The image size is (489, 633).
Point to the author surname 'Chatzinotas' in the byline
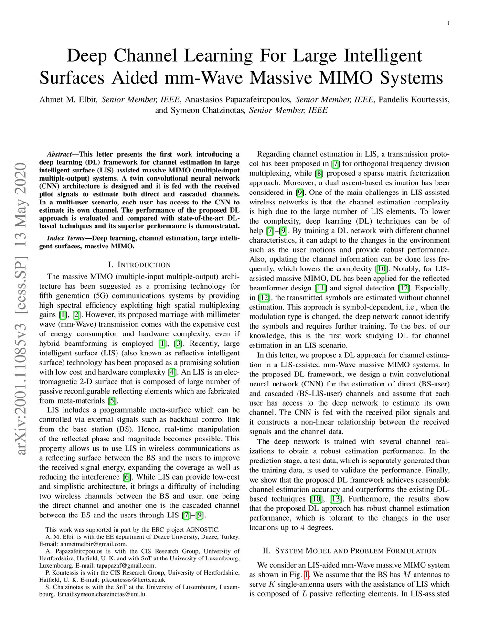point(222,110)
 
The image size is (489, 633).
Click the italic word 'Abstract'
point(59,154)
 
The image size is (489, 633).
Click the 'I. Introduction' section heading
point(139,265)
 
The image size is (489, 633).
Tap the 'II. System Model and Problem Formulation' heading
point(349,551)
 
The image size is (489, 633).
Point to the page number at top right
point(448,23)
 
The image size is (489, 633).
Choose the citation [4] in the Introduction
point(172,372)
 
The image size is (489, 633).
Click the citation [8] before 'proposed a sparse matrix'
point(319,173)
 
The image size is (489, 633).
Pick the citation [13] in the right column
point(336,499)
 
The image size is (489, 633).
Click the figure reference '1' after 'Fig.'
point(307,575)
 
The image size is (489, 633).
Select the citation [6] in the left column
point(127,477)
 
